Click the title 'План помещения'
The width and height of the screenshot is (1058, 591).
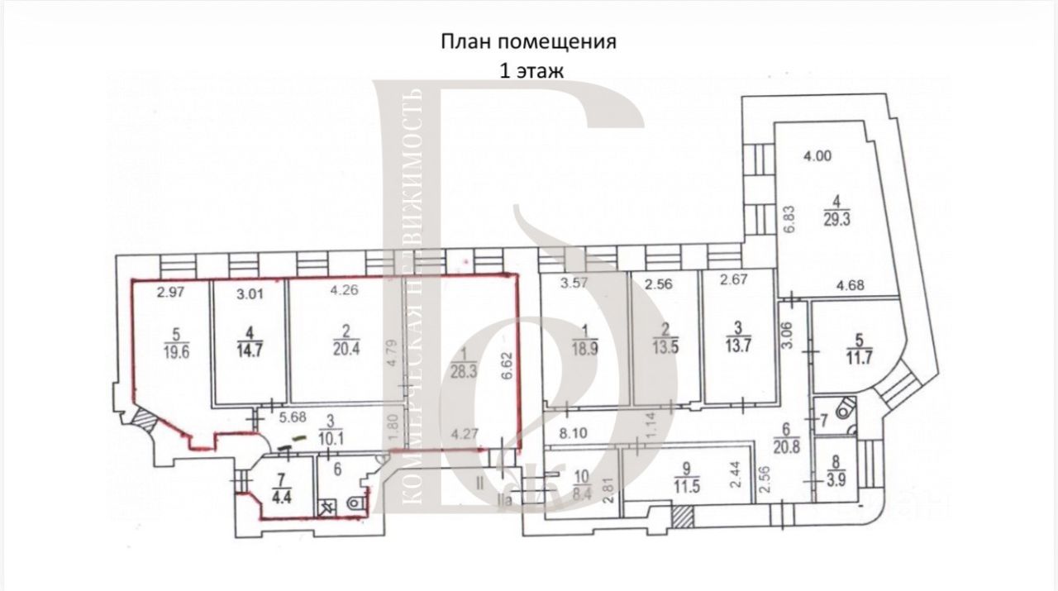coord(528,42)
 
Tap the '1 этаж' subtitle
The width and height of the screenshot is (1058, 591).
coord(530,71)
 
